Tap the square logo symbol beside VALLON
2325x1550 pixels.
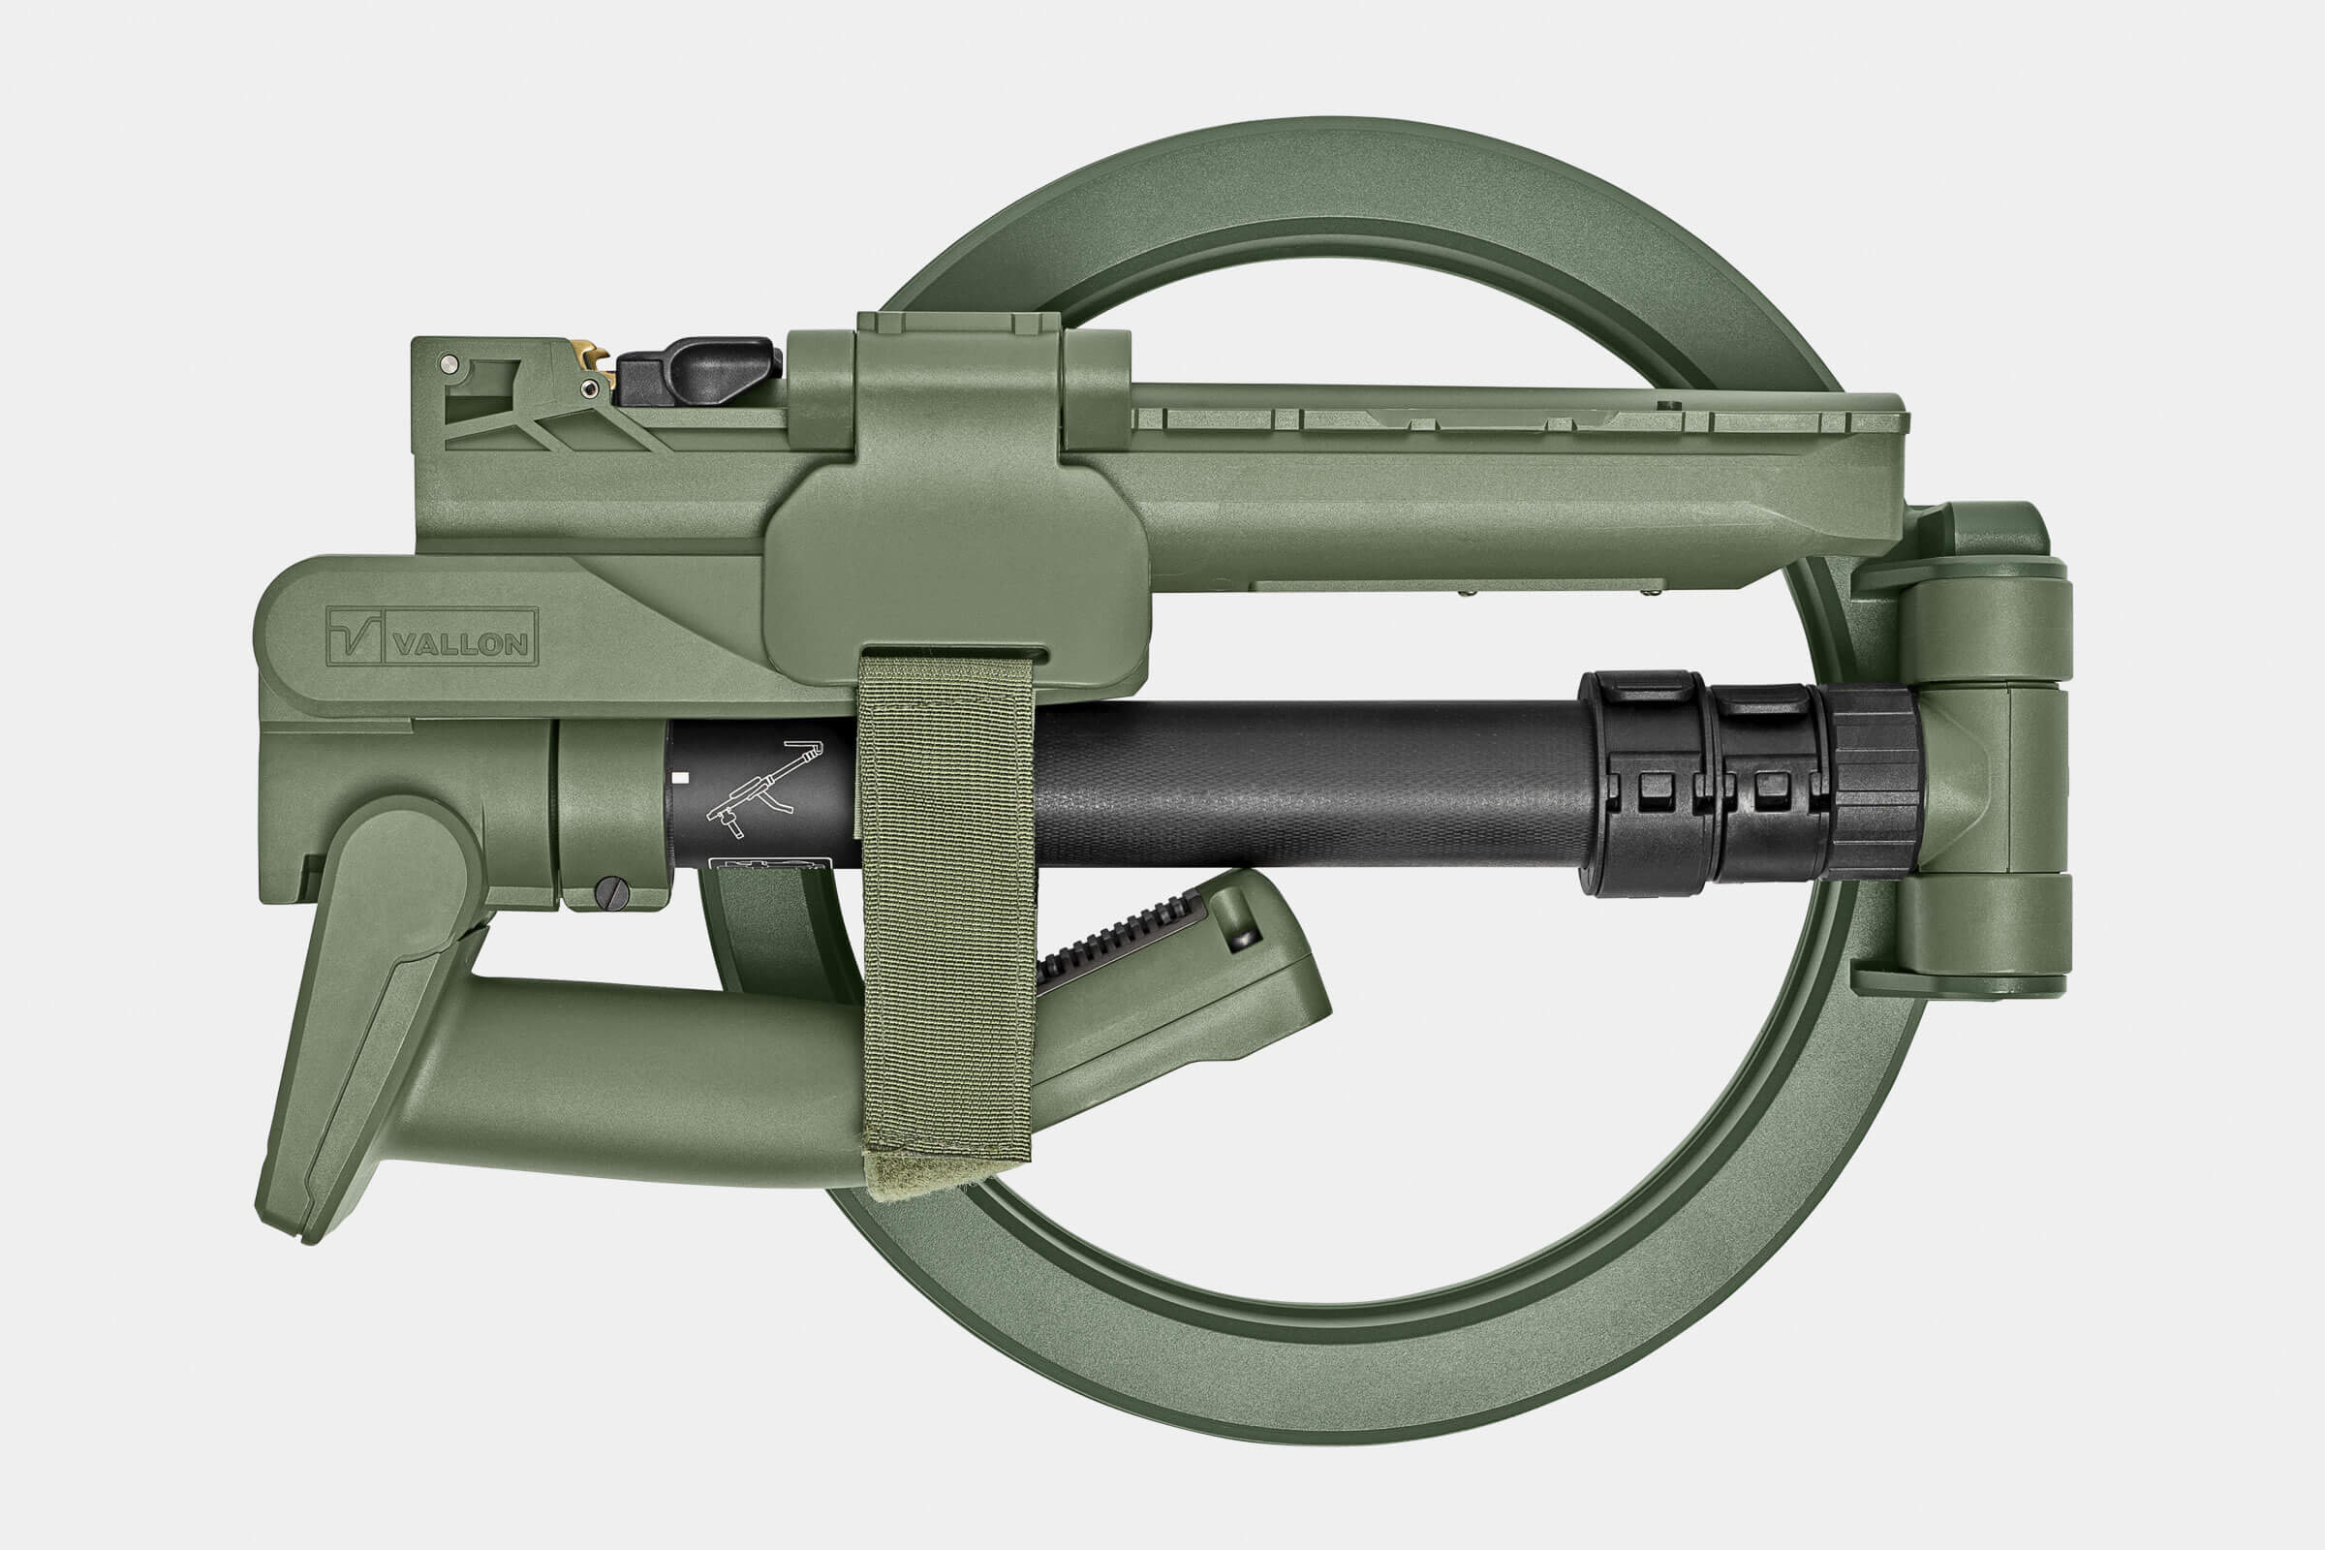point(355,635)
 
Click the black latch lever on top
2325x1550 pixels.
point(697,371)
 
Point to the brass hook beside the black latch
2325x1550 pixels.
point(593,356)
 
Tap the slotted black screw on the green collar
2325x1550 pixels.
point(612,891)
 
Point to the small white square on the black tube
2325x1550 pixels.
point(679,778)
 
